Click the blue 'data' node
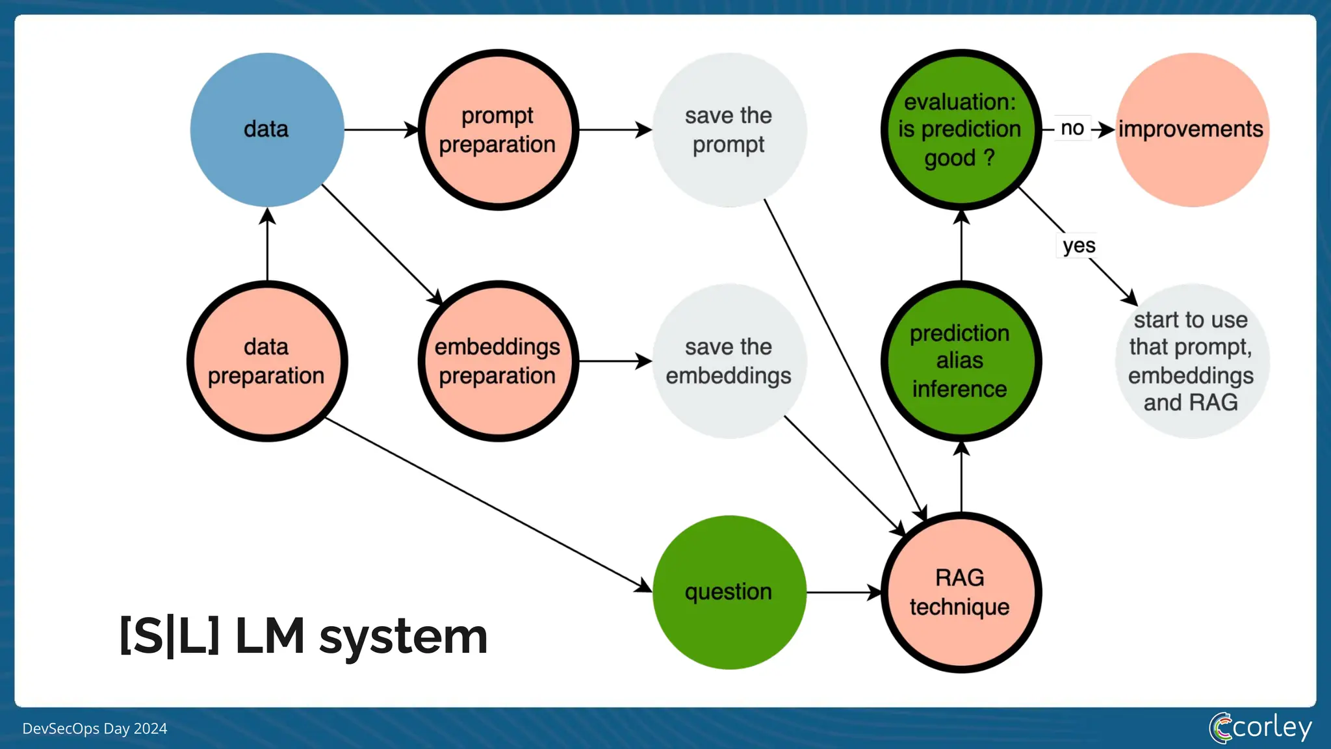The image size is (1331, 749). (266, 129)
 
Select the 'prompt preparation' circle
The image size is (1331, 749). (498, 129)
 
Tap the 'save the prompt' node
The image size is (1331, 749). (729, 129)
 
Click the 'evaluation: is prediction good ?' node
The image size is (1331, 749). (961, 129)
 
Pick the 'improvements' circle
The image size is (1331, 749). (1191, 129)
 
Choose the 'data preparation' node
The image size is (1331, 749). (266, 361)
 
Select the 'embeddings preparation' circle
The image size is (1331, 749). (498, 361)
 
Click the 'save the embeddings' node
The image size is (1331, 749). (729, 361)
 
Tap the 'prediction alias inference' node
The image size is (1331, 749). (961, 361)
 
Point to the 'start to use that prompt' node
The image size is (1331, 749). (1191, 361)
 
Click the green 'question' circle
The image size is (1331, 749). (729, 592)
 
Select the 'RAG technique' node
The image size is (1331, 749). (961, 592)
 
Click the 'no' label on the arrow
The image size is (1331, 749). (1072, 128)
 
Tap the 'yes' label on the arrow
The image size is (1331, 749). (1079, 246)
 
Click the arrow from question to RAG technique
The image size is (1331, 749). (843, 592)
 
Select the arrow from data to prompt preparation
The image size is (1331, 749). (380, 129)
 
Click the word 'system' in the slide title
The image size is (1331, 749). (403, 637)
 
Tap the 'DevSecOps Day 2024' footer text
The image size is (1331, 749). (95, 729)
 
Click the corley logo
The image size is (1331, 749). (1260, 727)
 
